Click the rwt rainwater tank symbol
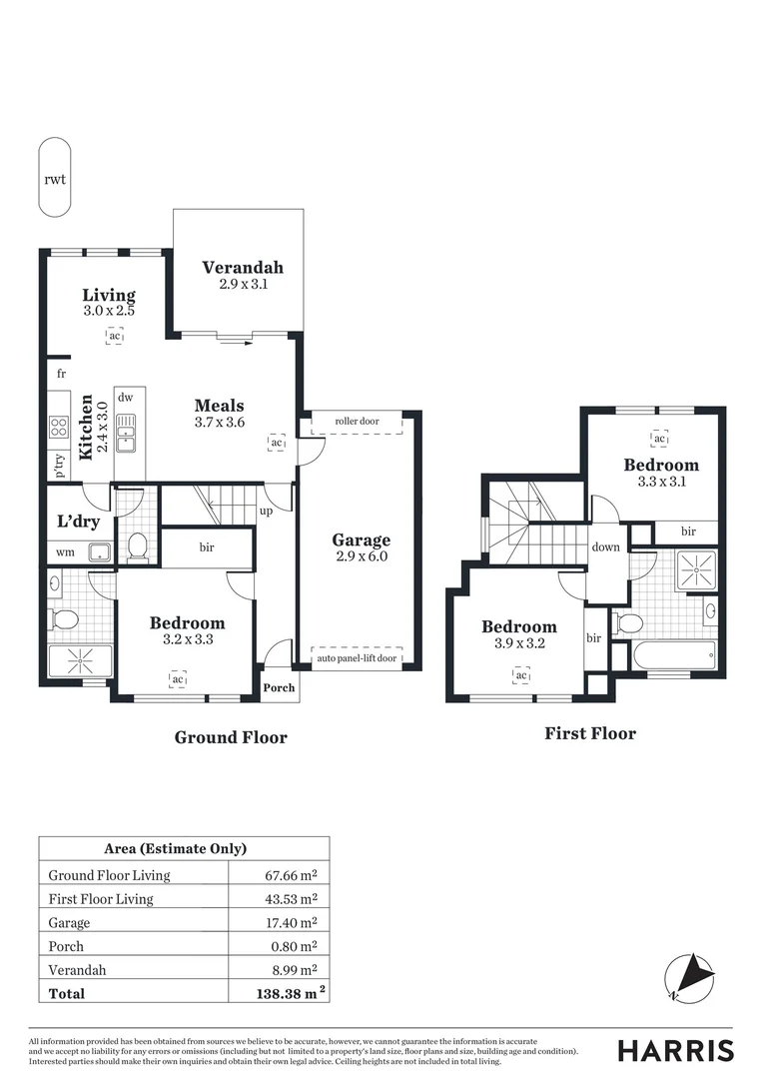(55, 179)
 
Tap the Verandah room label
(243, 268)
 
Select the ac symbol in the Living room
(115, 337)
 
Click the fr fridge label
(61, 373)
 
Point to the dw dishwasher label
(126, 397)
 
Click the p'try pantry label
(60, 466)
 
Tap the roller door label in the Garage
(357, 422)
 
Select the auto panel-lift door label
(357, 657)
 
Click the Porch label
(279, 688)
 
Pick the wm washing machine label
(65, 551)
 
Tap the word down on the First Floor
(605, 546)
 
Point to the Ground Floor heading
(231, 737)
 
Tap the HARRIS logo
(675, 1050)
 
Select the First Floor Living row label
(101, 899)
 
